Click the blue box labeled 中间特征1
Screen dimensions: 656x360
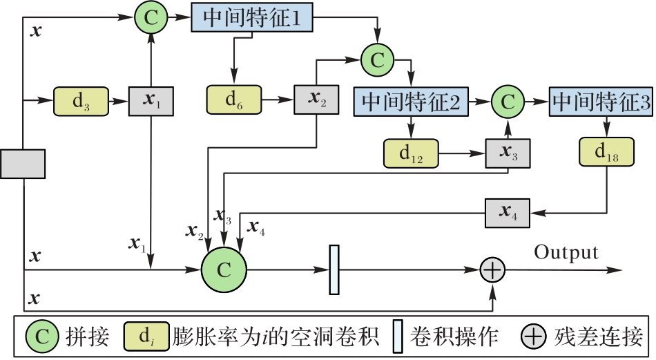pyautogui.click(x=252, y=17)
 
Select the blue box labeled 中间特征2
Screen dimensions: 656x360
pyautogui.click(x=411, y=102)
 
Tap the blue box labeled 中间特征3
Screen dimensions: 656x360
pyautogui.click(x=601, y=102)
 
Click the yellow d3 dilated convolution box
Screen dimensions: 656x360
pyautogui.click(x=81, y=102)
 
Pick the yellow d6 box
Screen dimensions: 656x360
pyautogui.click(x=234, y=100)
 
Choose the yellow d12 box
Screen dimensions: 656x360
pyautogui.click(x=412, y=153)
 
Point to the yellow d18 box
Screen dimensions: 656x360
pyautogui.click(x=607, y=151)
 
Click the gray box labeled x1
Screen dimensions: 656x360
pyautogui.click(x=151, y=102)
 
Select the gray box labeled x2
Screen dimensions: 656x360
pyautogui.click(x=316, y=100)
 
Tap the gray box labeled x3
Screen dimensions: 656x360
pyautogui.click(x=508, y=153)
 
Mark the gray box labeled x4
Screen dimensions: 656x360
pyautogui.click(x=508, y=213)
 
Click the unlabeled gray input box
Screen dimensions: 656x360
pyautogui.click(x=23, y=164)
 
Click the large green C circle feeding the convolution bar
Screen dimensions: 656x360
pyautogui.click(x=224, y=269)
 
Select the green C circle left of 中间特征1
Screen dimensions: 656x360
pyautogui.click(x=151, y=17)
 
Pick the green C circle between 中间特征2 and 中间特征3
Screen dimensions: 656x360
pyautogui.click(x=508, y=102)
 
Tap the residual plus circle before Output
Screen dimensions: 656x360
pyautogui.click(x=492, y=270)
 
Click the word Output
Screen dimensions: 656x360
pyautogui.click(x=566, y=252)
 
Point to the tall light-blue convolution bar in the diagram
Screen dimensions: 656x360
pyautogui.click(x=334, y=269)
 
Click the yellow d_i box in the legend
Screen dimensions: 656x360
pyautogui.click(x=146, y=336)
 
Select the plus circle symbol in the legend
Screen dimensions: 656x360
pyautogui.click(x=534, y=336)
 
